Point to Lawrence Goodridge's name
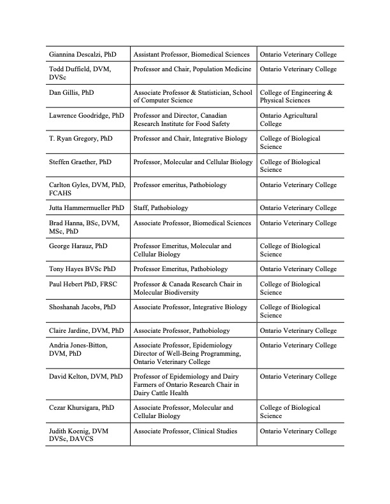[87, 116]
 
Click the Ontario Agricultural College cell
[289, 120]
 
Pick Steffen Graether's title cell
[193, 162]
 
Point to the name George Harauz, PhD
[78, 246]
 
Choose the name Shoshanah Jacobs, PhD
[82, 307]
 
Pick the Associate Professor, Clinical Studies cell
[185, 431]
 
